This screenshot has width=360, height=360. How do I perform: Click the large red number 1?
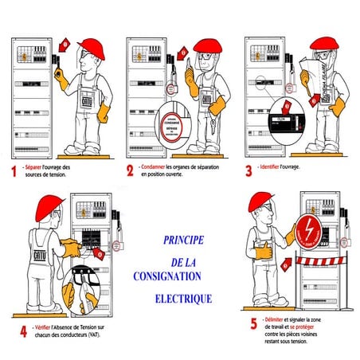pyautogui.click(x=12, y=170)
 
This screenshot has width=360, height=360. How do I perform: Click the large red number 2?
pyautogui.click(x=131, y=170)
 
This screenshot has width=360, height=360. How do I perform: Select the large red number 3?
pyautogui.click(x=249, y=170)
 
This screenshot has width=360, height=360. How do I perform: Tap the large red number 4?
pyautogui.click(x=23, y=330)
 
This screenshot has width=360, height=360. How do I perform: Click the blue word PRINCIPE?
pyautogui.click(x=182, y=239)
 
